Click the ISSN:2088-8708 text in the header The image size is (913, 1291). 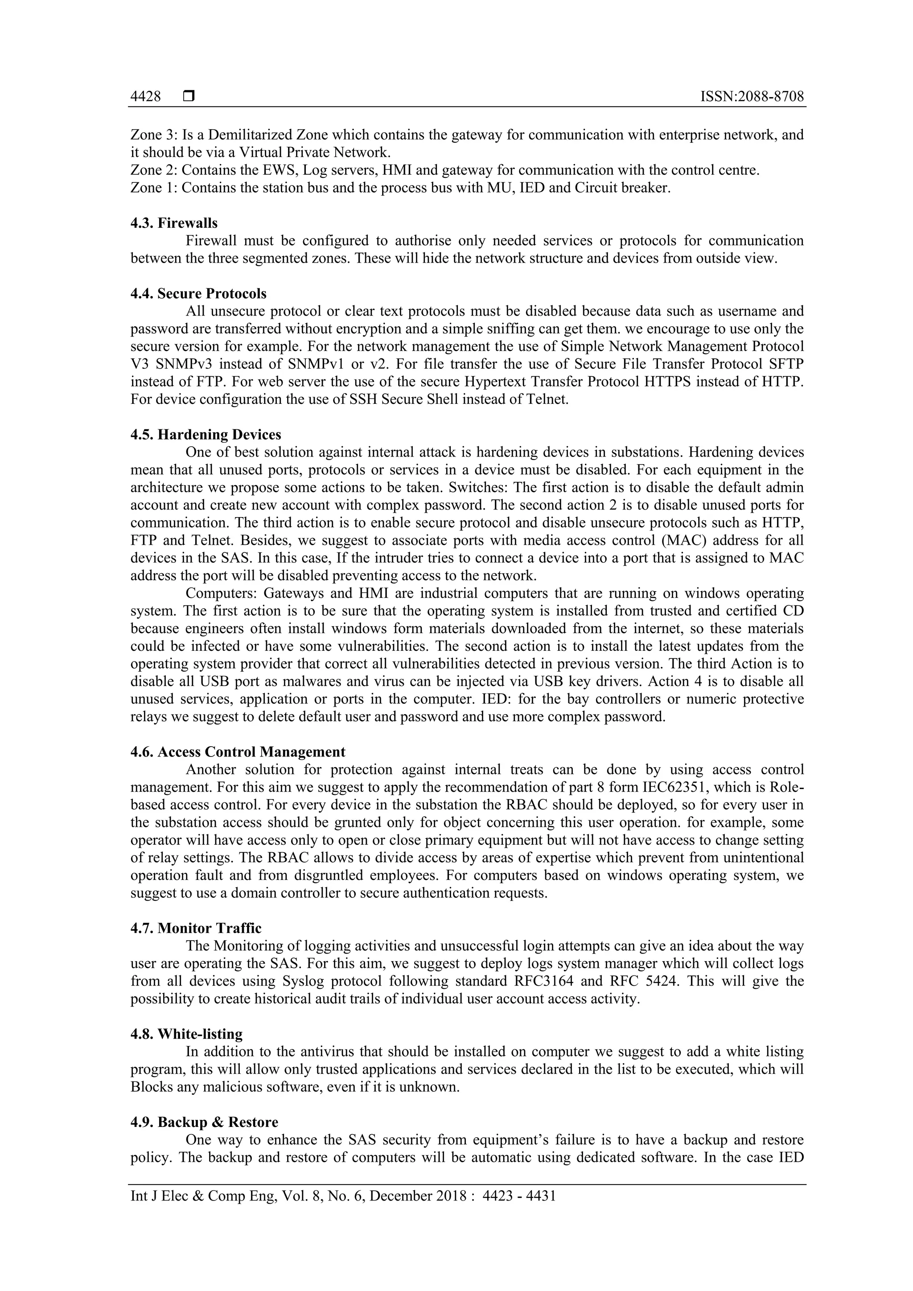(752, 97)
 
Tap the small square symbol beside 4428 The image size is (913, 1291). (189, 97)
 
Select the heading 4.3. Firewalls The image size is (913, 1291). (174, 223)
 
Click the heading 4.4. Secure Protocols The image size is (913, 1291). (198, 293)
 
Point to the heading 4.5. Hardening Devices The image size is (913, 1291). (206, 435)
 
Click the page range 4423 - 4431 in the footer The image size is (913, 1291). (519, 1196)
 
